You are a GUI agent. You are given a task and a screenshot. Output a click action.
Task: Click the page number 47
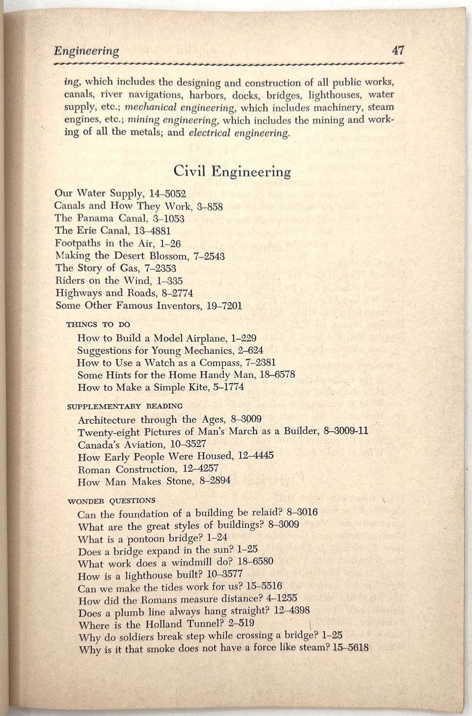coord(398,50)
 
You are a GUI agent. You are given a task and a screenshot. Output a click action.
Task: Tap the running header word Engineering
coord(86,51)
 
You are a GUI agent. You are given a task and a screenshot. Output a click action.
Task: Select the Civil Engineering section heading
coord(232,171)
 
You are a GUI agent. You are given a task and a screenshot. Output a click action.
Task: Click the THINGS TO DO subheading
coord(98,325)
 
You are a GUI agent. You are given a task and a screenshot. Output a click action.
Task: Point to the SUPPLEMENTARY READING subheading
coord(125,406)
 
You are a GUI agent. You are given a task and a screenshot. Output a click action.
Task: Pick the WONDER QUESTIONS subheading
coord(111,500)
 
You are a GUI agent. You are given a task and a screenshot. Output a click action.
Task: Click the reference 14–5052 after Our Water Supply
coord(168,194)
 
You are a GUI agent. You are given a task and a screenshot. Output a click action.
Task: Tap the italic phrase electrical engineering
coord(239,133)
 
